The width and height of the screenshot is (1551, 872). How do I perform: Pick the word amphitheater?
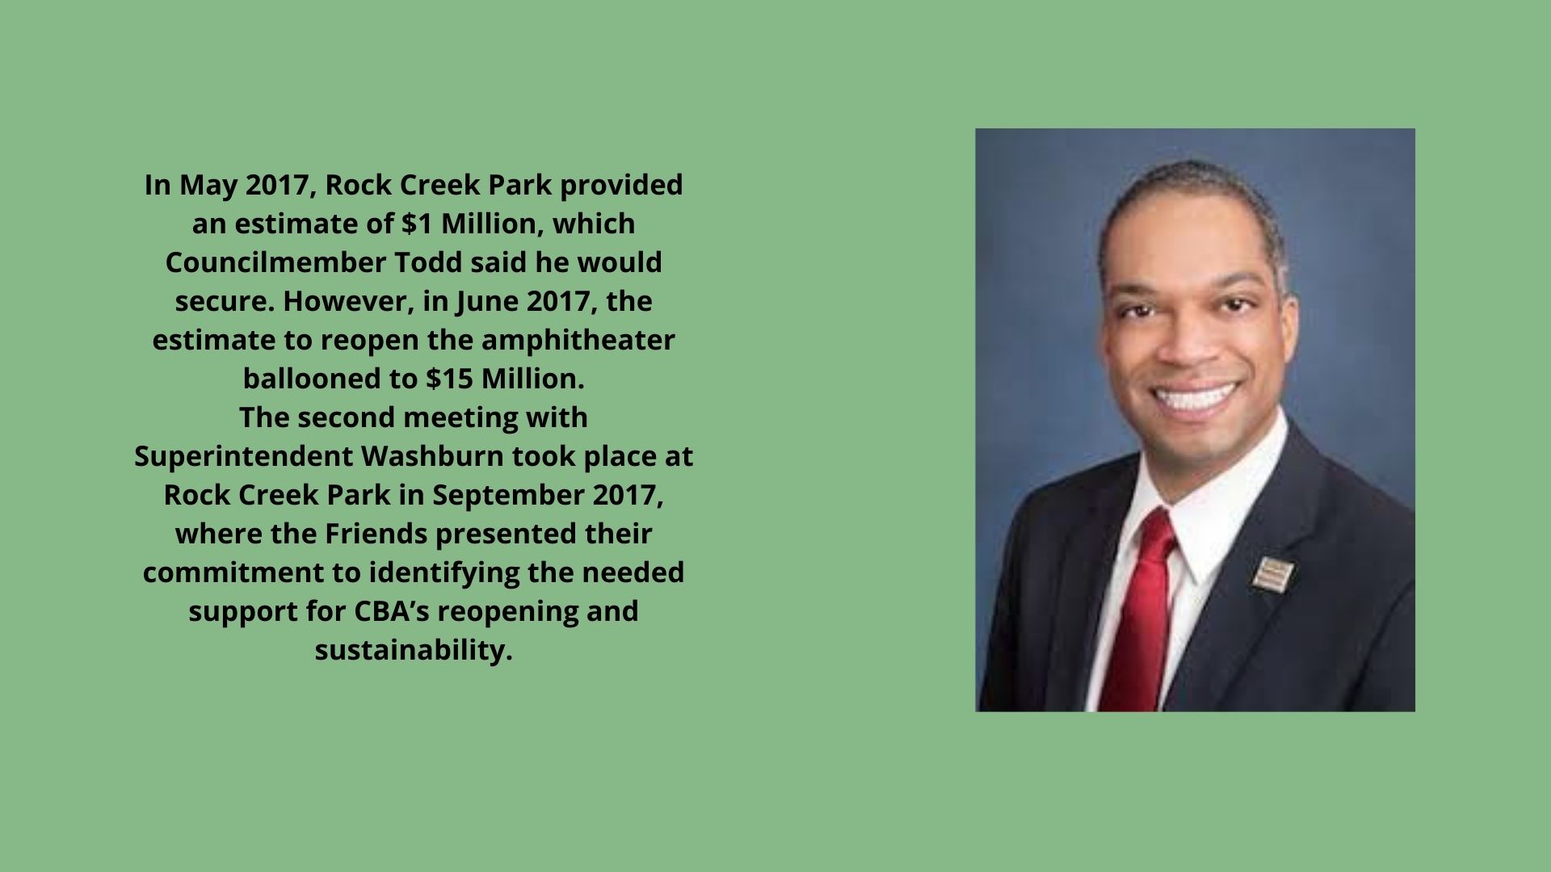click(578, 340)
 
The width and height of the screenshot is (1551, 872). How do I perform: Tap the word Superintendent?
click(244, 456)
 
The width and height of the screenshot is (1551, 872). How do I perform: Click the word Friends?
click(386, 534)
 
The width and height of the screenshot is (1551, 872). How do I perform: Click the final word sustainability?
click(414, 650)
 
